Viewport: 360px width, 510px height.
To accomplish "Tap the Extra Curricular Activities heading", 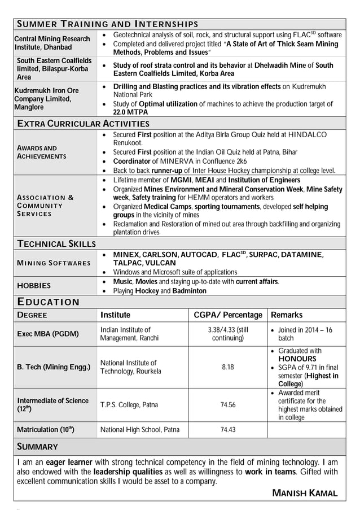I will click(83, 123).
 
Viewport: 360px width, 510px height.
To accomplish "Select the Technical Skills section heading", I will click(56, 243).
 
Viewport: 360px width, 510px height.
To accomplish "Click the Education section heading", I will click(48, 302).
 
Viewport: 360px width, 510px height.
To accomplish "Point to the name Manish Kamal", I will click(305, 493).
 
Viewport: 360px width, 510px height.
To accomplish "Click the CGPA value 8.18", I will click(228, 367).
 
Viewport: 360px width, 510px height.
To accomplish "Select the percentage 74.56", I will click(228, 404).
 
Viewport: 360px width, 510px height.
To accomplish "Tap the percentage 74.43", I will click(228, 430).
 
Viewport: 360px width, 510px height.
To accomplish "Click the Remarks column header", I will click(287, 315).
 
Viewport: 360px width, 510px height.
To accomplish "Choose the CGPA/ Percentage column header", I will click(228, 315).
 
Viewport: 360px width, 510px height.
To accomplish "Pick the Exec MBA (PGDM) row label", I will click(47, 334).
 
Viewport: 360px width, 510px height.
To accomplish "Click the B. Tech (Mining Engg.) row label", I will click(53, 367).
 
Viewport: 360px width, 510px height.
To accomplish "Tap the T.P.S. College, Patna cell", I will click(129, 404).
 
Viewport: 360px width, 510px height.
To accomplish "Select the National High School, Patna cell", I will click(140, 430).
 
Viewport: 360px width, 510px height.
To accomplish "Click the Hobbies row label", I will click(33, 286).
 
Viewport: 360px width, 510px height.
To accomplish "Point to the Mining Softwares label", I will click(54, 263).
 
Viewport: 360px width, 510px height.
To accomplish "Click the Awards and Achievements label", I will click(41, 152).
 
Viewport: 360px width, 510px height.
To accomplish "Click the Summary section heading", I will click(38, 447).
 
